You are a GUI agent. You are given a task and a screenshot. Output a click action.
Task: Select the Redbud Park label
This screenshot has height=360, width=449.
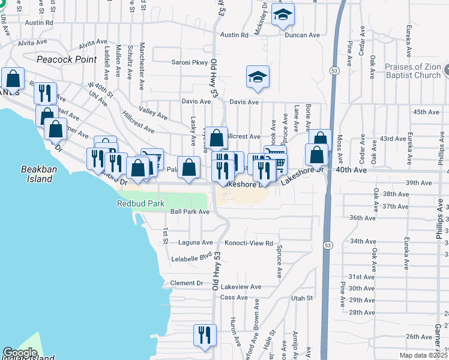140,204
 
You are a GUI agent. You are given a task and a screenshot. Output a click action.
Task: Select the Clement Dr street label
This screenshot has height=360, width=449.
187,283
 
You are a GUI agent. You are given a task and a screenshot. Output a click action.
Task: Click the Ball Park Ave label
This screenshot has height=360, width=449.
189,212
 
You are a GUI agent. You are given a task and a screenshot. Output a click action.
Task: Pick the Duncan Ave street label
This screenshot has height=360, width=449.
303,35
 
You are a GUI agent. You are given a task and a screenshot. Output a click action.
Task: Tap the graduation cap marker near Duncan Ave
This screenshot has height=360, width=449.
283,15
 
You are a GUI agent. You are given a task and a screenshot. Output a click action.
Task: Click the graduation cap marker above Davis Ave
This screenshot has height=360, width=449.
258,77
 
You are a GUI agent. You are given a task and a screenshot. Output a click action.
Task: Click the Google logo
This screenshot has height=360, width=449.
19,353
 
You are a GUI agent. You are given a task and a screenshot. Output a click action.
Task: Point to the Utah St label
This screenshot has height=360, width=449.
302,298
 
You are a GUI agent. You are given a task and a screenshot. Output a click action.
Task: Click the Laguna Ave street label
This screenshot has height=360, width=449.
196,243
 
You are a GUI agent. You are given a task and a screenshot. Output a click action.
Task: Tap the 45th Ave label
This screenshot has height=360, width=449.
427,112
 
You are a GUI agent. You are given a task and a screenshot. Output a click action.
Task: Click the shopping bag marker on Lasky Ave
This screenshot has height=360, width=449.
189,167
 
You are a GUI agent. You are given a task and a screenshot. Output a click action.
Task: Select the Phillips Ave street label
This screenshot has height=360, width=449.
440,221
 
